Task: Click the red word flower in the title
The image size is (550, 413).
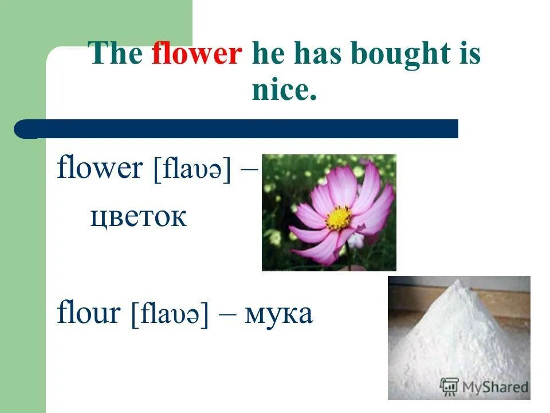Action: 197,55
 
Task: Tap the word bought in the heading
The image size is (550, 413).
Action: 400,55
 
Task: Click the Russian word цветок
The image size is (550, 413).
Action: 138,218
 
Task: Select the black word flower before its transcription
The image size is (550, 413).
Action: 100,169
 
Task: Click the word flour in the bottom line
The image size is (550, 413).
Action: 88,314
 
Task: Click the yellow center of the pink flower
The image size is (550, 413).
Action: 339,219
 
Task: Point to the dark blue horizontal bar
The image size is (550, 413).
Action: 241,129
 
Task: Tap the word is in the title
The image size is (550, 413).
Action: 470,55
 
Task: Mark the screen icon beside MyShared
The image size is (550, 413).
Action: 449,387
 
